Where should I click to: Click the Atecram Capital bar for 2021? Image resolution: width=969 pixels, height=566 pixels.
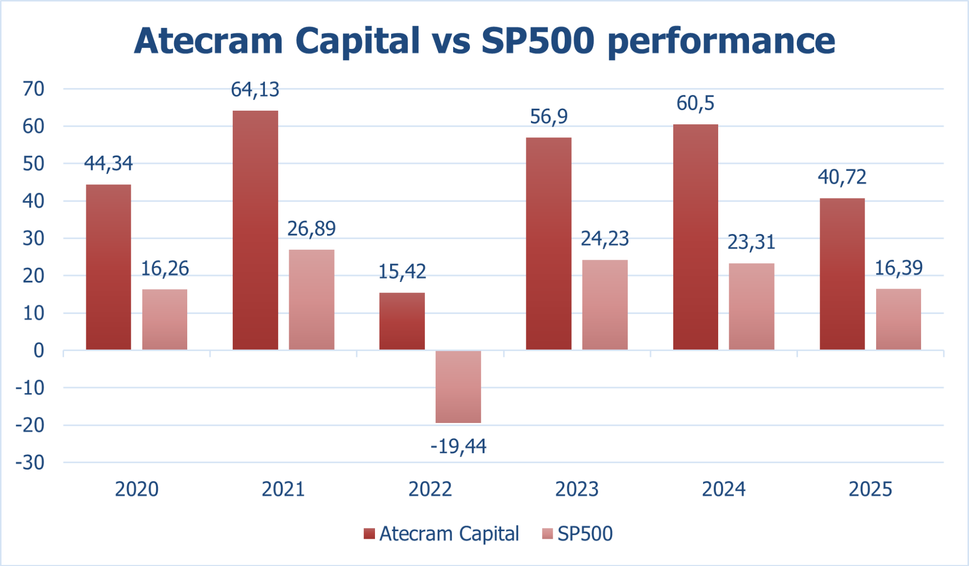coord(255,230)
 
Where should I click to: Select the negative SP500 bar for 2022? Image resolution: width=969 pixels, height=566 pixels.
coord(458,387)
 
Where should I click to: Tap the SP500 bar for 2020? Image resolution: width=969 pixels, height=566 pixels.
coord(165,319)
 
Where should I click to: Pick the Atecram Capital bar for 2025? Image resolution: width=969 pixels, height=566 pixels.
coord(842,274)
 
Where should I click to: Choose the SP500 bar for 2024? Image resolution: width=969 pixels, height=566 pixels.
coord(751,306)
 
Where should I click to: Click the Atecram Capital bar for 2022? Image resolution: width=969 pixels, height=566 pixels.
coord(402,321)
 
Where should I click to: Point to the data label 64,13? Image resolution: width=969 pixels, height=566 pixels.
coord(255,89)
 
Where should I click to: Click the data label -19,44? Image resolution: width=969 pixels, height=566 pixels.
coord(458,447)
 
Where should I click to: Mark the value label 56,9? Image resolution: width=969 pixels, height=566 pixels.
coord(549,117)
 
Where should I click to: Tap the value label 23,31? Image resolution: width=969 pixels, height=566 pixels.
coord(751,242)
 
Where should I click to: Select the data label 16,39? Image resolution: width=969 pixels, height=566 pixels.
coord(898,268)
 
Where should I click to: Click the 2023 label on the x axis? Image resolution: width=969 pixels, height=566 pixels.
coord(577,489)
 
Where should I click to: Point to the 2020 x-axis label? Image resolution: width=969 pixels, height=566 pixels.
coord(137,489)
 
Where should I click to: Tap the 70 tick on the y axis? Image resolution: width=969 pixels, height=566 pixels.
coord(33,89)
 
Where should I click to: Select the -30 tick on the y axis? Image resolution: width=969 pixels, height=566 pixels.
coord(30,462)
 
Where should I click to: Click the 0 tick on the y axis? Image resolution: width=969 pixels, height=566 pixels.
coord(38,350)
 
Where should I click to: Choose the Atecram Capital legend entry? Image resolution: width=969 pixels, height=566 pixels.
coord(441,534)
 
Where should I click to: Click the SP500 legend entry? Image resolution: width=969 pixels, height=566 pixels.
coord(577,534)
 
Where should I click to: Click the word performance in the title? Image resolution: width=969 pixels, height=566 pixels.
coord(721,41)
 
